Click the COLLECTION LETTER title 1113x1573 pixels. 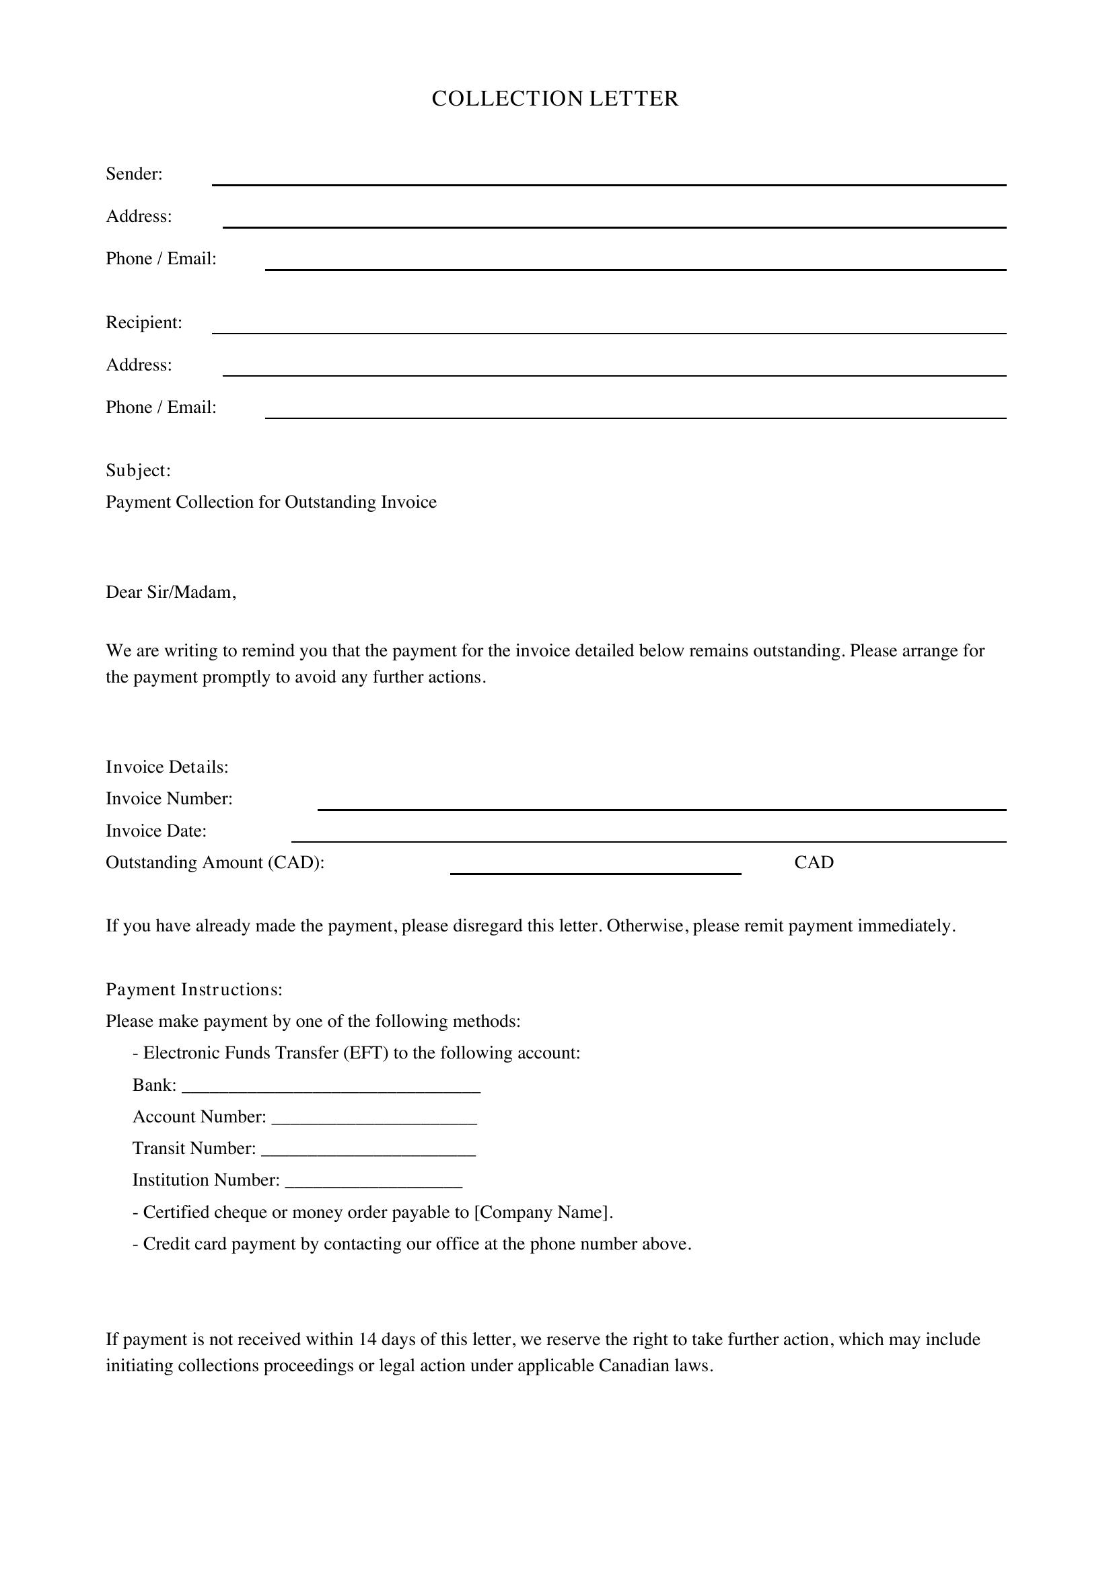(555, 99)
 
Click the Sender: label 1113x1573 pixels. (135, 174)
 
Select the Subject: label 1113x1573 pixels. (138, 471)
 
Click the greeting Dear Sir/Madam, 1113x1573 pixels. (171, 592)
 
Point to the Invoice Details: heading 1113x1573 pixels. (166, 767)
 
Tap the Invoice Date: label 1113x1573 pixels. (155, 831)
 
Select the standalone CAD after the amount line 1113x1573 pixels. (814, 863)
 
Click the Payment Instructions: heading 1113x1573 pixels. (194, 990)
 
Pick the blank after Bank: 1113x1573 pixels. (331, 1087)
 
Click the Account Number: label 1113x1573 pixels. (199, 1118)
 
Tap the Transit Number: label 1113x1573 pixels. (194, 1149)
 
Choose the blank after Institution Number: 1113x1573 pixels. (373, 1181)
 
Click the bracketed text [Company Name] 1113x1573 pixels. (541, 1213)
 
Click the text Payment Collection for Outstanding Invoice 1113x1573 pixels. (271, 502)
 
